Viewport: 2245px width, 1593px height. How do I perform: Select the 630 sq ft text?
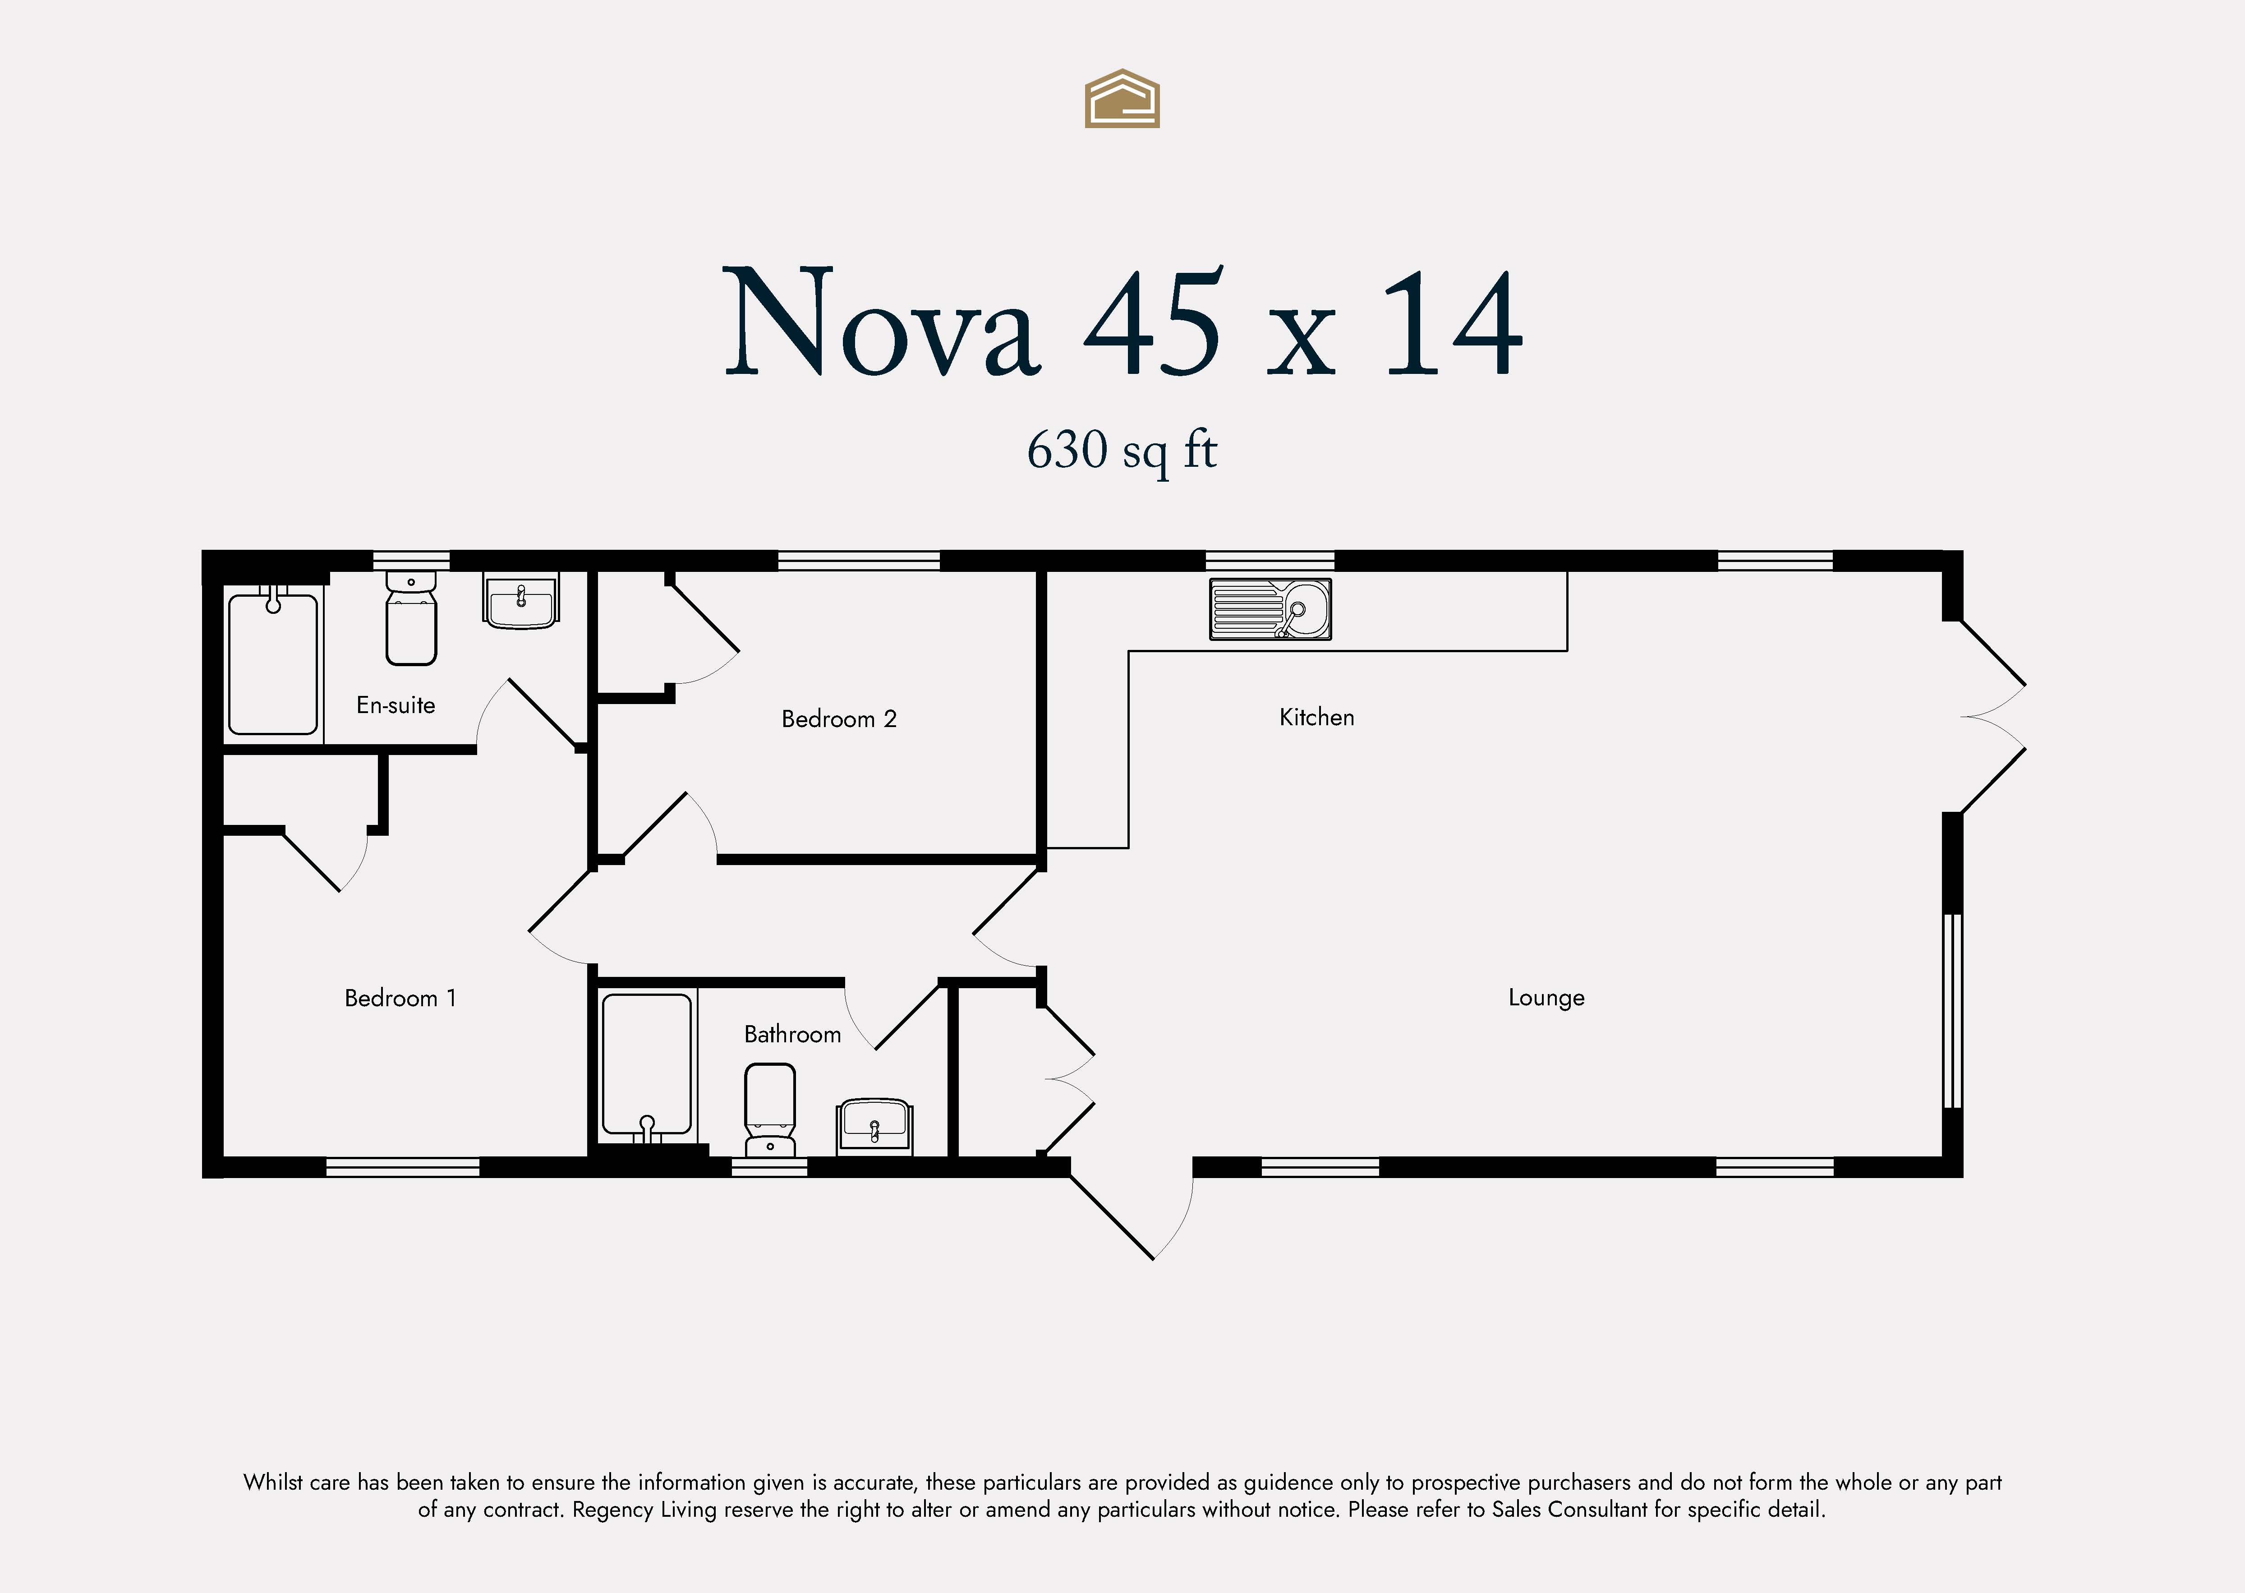[1122, 451]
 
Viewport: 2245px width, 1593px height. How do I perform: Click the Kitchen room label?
[1316, 717]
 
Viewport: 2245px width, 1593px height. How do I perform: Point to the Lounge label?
[1546, 998]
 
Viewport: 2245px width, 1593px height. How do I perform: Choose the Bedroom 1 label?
[400, 998]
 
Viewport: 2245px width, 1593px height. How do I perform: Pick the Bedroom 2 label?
[838, 719]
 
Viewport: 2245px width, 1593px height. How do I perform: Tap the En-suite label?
[395, 704]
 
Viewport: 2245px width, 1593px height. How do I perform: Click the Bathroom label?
[792, 1034]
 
